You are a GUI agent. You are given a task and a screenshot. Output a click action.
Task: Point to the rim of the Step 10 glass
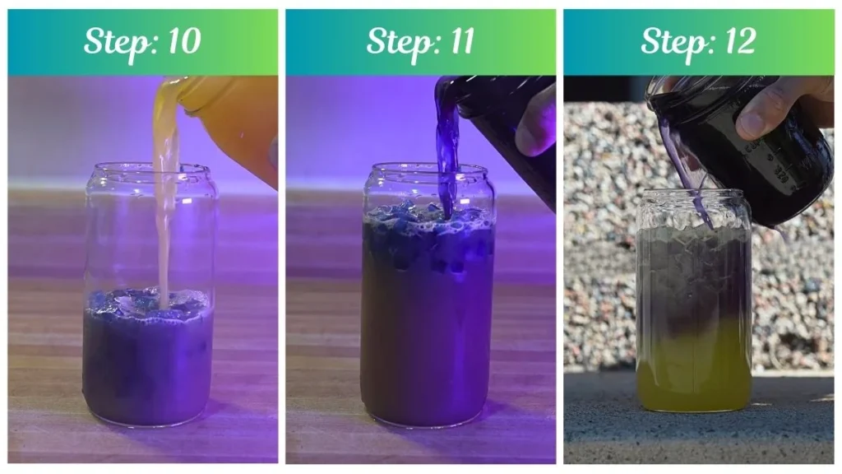tap(150, 170)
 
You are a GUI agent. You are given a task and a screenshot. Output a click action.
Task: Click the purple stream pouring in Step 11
tap(447, 156)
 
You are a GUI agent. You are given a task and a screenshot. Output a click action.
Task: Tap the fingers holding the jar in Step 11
tap(538, 119)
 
